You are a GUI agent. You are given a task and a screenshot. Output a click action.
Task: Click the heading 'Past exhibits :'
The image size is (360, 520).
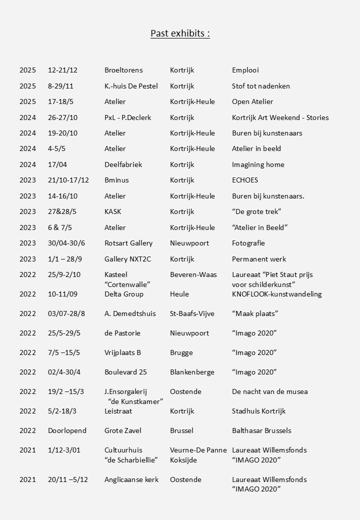coord(180,33)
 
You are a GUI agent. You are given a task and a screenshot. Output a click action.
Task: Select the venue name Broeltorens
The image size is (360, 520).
coord(123,70)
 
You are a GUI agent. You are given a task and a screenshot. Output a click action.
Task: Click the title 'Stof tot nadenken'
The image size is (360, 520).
coord(260,86)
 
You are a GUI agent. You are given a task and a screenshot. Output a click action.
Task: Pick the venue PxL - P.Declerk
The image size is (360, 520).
coord(127,117)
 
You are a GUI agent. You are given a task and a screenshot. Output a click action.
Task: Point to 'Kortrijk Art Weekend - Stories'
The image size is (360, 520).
coord(280,117)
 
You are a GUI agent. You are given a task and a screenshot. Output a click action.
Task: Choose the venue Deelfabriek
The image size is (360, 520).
coord(123,164)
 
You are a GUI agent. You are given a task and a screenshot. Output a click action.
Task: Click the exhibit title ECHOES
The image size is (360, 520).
coord(245,180)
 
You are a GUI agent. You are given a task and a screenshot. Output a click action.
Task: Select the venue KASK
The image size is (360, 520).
coord(112,211)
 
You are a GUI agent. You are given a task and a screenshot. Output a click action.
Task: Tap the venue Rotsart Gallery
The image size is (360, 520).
coord(128,243)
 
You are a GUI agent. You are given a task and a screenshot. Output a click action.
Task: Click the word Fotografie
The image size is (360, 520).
coord(248,243)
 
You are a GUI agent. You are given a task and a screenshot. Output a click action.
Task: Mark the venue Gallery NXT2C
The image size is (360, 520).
coord(128,259)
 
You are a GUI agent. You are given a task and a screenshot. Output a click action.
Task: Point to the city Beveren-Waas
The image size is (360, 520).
coord(193,274)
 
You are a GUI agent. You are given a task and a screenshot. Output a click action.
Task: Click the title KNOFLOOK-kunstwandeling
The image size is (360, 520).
coord(276,294)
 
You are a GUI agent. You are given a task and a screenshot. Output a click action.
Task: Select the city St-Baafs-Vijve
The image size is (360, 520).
coord(192,313)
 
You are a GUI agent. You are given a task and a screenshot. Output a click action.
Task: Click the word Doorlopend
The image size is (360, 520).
coord(67,430)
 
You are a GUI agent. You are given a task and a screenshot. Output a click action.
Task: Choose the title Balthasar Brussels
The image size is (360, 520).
coord(261,430)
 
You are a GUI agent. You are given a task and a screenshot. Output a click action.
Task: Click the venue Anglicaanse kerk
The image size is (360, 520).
coord(131,479)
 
